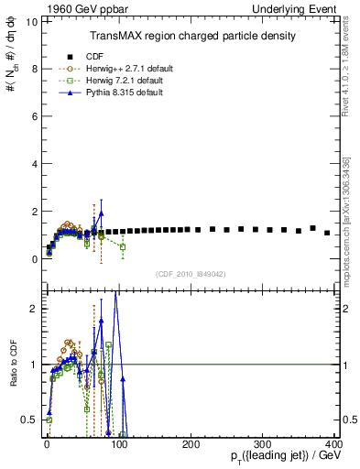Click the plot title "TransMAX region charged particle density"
tap(191, 36)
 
